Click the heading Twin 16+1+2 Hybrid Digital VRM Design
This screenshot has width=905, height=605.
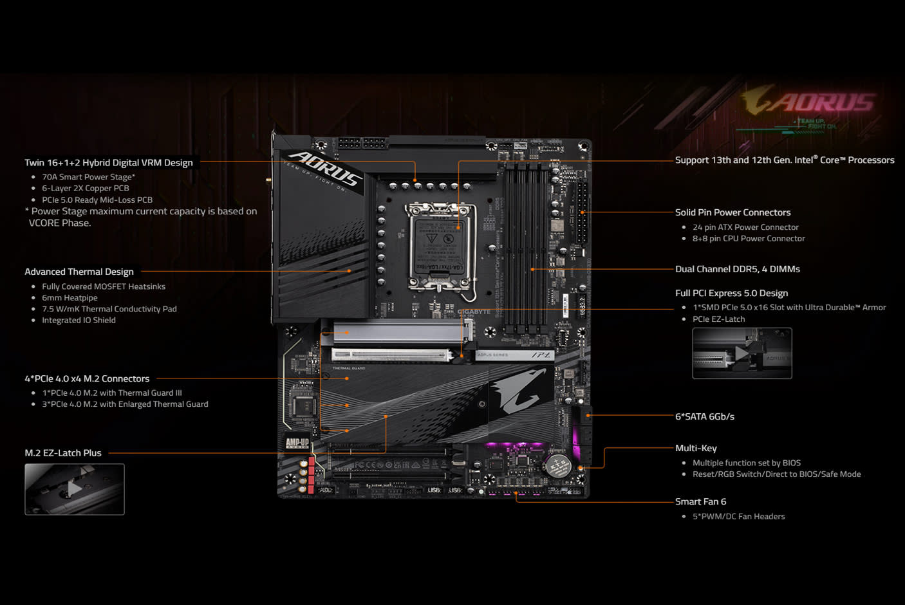[x=109, y=163]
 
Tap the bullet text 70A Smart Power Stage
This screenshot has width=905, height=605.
[x=88, y=177]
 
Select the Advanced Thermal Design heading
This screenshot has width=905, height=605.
[x=79, y=272]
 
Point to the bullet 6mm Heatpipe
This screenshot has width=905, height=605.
[x=70, y=298]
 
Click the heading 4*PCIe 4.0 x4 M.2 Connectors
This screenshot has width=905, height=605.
[x=87, y=378]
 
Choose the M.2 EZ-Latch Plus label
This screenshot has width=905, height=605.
[x=63, y=453]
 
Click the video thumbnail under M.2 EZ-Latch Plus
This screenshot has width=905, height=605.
[x=75, y=489]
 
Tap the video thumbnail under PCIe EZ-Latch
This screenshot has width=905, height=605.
[x=742, y=353]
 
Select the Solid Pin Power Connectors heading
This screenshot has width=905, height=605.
[x=732, y=212]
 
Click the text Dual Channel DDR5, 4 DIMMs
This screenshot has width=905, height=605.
[x=737, y=269]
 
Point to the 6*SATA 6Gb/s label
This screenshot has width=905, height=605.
[x=704, y=416]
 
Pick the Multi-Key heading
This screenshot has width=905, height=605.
[x=696, y=448]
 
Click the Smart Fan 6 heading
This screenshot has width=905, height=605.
[x=700, y=501]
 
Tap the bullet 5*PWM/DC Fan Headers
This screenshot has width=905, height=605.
[x=738, y=516]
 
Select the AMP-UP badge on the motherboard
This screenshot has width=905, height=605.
[x=297, y=443]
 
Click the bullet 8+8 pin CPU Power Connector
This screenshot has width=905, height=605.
[x=748, y=239]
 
